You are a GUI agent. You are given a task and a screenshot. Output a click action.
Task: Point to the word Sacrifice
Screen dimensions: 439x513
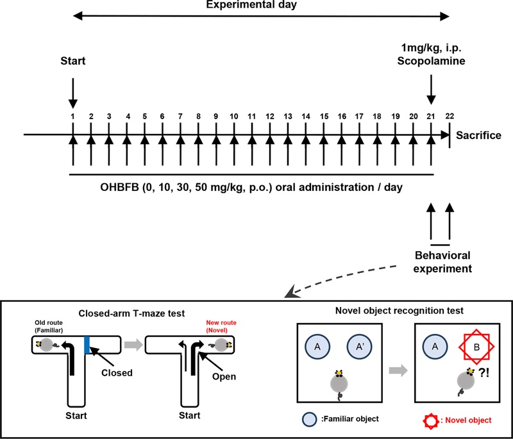pos(478,135)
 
